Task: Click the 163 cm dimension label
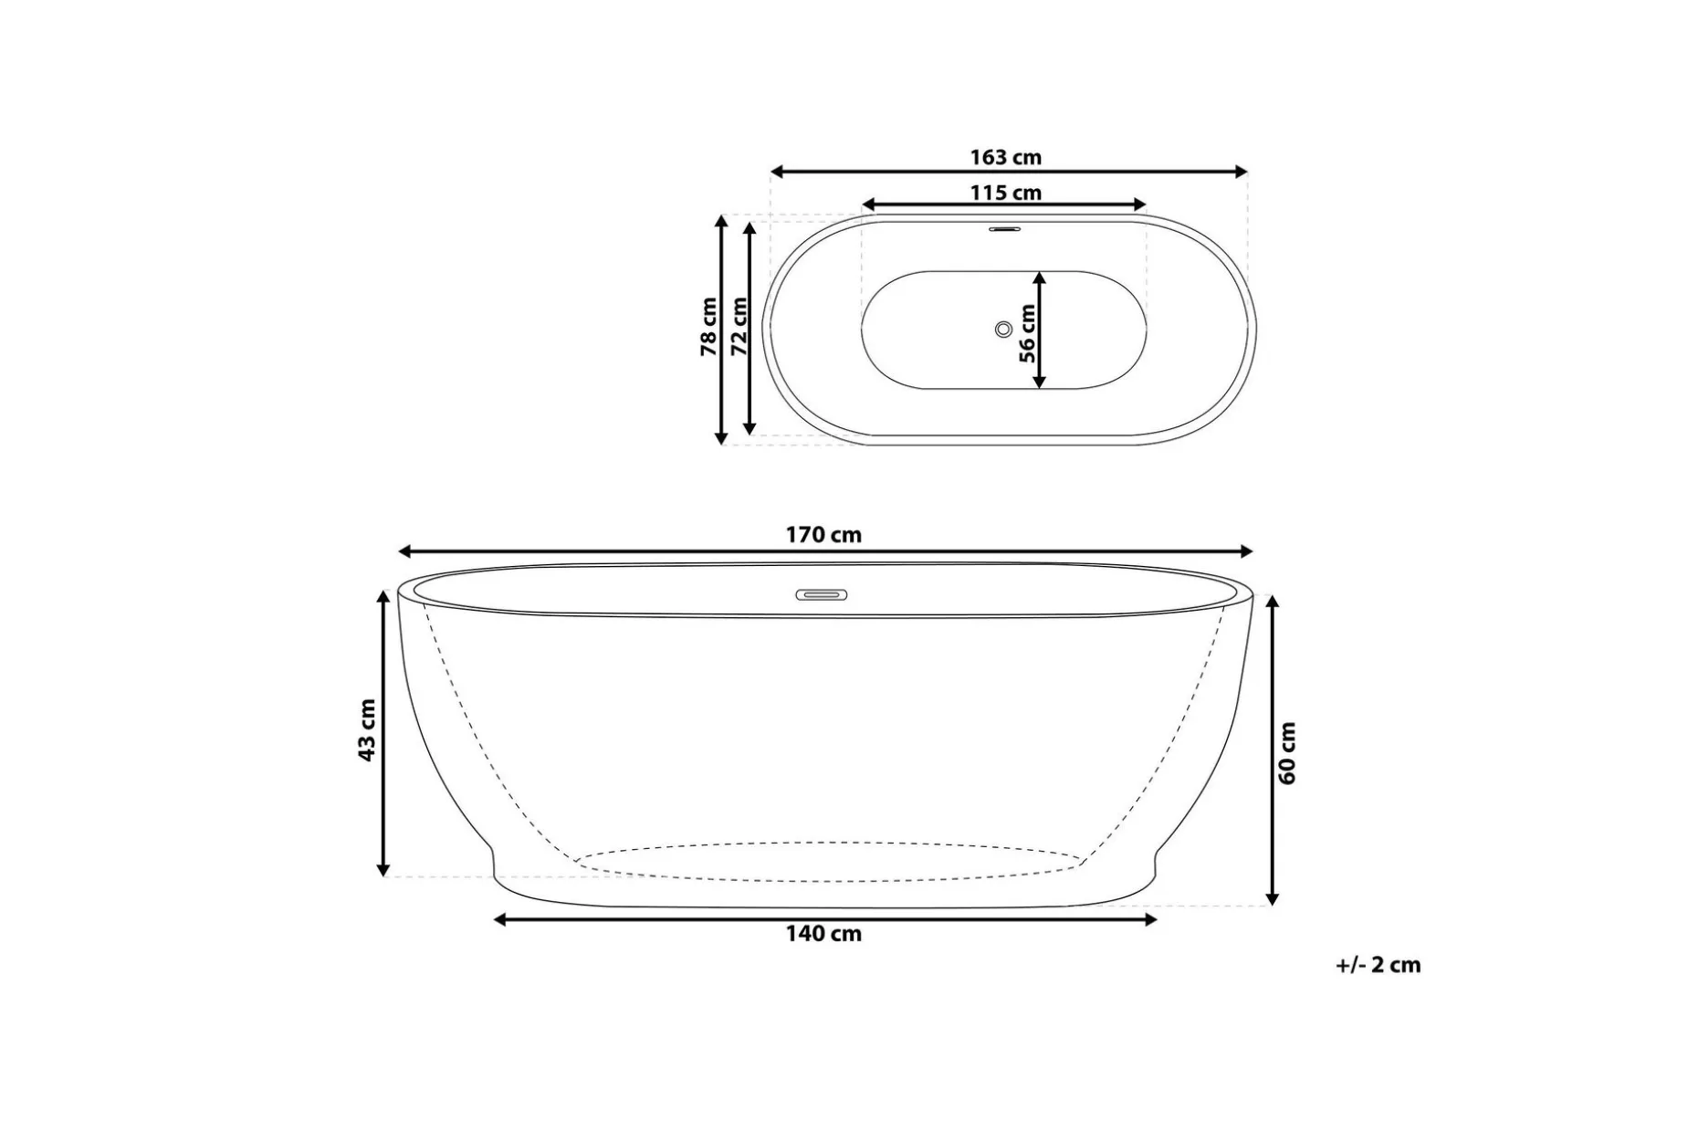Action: (x=1005, y=157)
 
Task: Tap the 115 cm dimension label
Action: (x=1005, y=193)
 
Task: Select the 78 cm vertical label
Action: (x=708, y=327)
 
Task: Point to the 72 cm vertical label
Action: (x=739, y=327)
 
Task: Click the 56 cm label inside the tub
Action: (x=1027, y=333)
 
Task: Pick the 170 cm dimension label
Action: (x=823, y=535)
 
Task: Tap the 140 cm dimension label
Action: (x=823, y=934)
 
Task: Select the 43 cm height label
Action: (x=367, y=730)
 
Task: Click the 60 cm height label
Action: (x=1287, y=753)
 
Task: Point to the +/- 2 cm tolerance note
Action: (x=1378, y=965)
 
